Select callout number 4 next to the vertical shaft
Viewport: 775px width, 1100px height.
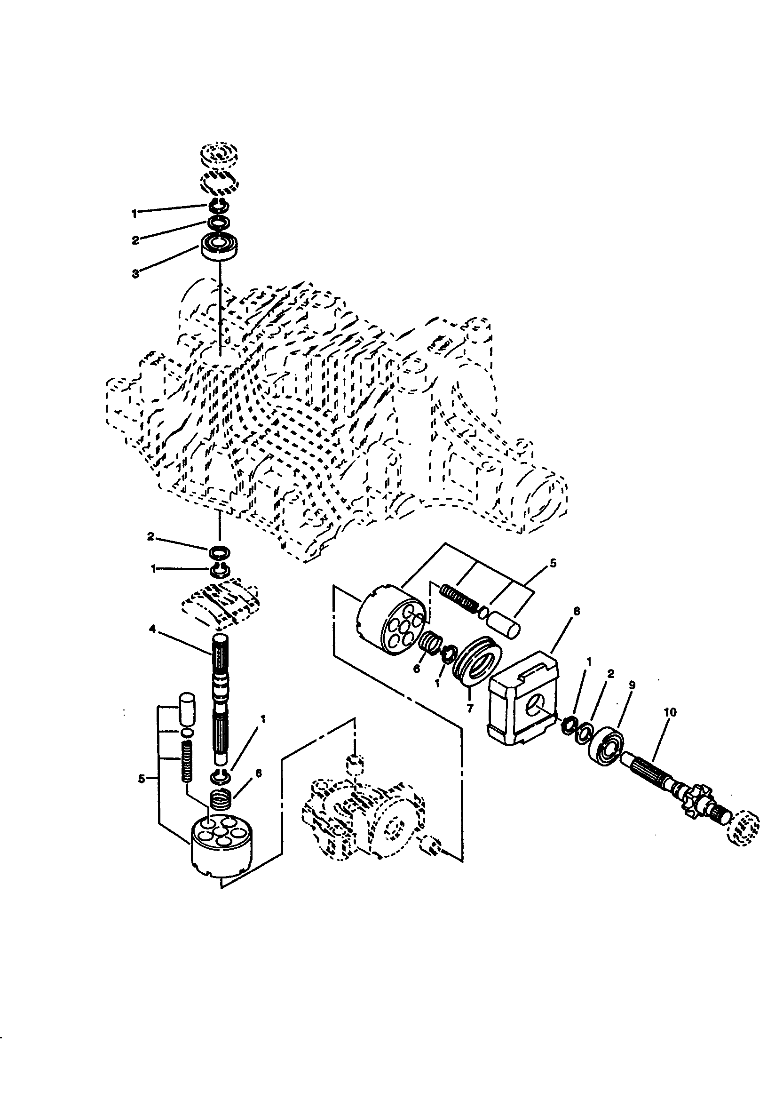point(152,630)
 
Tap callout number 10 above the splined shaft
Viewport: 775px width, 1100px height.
point(670,712)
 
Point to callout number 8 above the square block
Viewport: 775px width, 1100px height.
point(576,611)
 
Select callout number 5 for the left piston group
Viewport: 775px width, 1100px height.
point(141,780)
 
